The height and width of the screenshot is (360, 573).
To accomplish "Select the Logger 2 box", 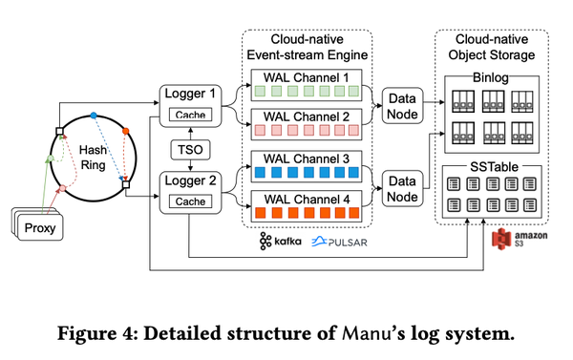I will [x=190, y=191].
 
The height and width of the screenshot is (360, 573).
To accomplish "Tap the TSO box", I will [x=189, y=148].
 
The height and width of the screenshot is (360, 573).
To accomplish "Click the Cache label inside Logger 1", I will [x=189, y=116].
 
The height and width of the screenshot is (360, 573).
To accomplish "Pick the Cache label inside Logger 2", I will [x=189, y=202].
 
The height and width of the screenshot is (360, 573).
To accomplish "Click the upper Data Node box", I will [x=402, y=104].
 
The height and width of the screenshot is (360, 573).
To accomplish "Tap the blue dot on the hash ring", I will [x=94, y=116].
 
